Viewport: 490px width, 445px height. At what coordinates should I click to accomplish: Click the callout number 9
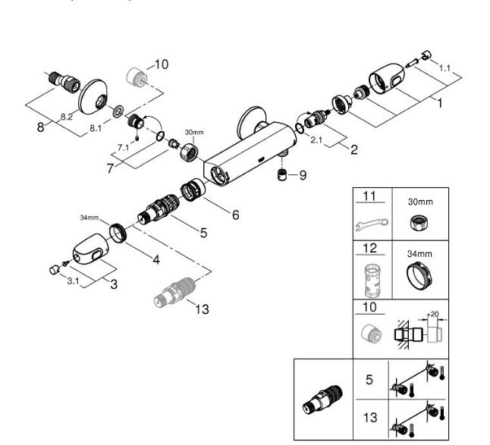303,176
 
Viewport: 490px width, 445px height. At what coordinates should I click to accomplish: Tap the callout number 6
235,215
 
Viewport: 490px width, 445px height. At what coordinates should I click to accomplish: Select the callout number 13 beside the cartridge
202,309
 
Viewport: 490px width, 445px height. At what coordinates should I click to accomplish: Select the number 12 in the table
369,249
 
